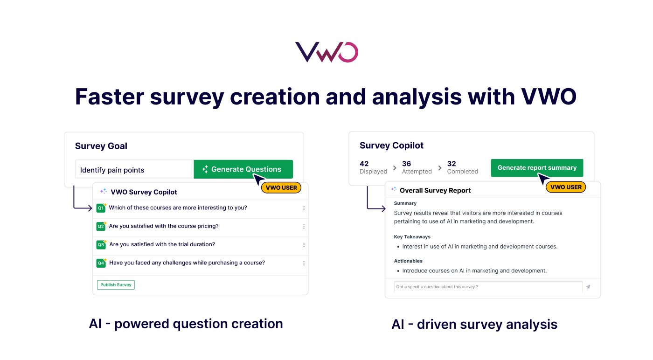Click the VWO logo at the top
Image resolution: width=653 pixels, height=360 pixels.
(x=326, y=52)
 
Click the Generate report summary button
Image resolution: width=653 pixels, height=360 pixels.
(x=537, y=168)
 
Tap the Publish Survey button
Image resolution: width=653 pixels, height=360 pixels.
(x=116, y=285)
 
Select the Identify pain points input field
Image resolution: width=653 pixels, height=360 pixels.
(x=134, y=170)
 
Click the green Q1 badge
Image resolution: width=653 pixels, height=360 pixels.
(x=101, y=208)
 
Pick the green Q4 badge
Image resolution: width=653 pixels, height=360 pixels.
(x=101, y=263)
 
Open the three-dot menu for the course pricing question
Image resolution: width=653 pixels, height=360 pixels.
(x=304, y=227)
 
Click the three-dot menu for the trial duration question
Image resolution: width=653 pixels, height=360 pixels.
(x=304, y=245)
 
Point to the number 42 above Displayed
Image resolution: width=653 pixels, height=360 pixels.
(x=364, y=164)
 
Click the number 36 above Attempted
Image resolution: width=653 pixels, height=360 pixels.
(x=406, y=164)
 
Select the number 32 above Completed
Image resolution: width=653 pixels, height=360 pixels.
(x=452, y=164)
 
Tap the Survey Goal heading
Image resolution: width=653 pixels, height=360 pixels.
(x=101, y=146)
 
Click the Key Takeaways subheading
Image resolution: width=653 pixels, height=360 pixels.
(x=412, y=237)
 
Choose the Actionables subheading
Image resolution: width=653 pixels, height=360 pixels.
(x=408, y=261)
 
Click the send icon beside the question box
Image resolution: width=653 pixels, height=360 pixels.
(x=588, y=287)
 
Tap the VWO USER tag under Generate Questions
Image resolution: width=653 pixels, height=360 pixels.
(x=281, y=188)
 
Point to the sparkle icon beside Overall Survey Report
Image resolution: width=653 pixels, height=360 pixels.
(x=394, y=190)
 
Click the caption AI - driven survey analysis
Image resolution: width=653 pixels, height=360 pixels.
(x=474, y=324)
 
